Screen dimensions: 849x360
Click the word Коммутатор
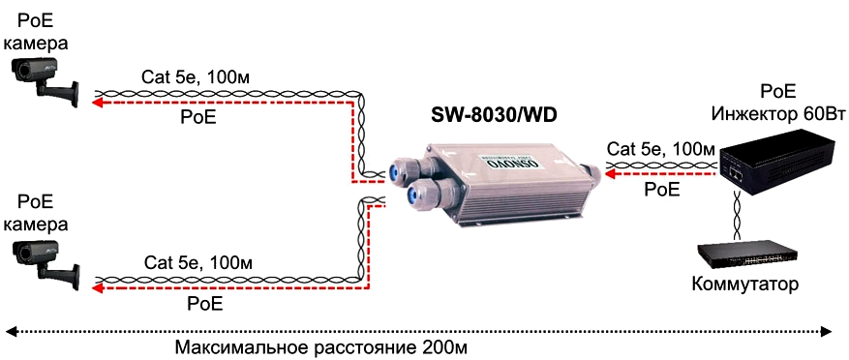[x=745, y=285]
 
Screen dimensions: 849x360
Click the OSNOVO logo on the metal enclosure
[x=511, y=164]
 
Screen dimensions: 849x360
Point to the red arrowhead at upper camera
[x=98, y=104]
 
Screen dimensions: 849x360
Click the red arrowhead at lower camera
[x=98, y=289]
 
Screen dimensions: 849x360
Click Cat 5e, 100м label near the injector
[x=660, y=149]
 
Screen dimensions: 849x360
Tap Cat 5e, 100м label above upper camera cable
[x=196, y=76]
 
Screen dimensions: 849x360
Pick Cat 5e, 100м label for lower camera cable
[x=198, y=262]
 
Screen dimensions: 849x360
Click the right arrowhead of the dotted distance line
[x=828, y=330]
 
